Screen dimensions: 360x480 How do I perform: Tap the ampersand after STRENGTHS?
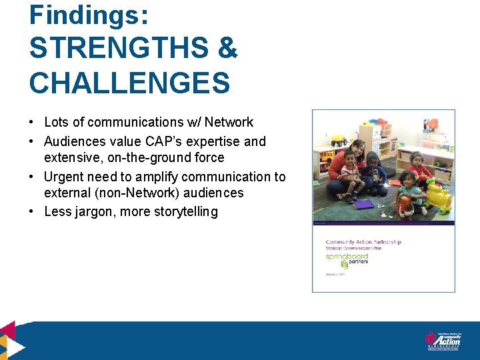(227, 49)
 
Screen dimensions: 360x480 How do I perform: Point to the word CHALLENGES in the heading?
(129, 83)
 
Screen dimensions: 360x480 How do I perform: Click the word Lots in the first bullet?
(56, 122)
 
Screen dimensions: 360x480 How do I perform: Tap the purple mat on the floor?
(364, 203)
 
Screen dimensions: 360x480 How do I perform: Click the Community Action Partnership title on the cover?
(363, 242)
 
